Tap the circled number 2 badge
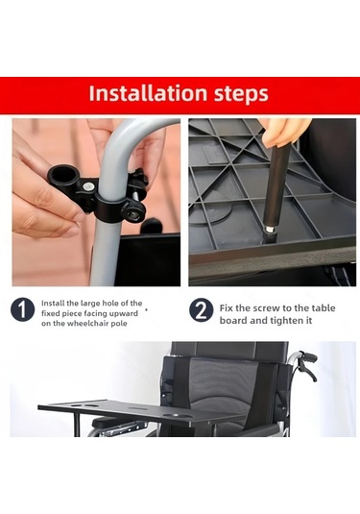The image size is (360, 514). point(202,311)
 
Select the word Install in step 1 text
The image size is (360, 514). point(55,302)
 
